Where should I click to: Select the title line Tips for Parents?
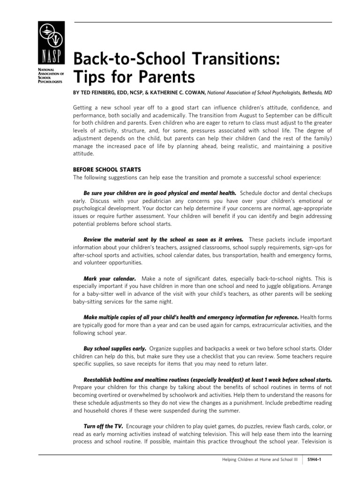point(134,77)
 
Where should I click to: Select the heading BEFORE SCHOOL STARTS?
point(107,169)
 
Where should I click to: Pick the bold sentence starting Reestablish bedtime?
point(208,379)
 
